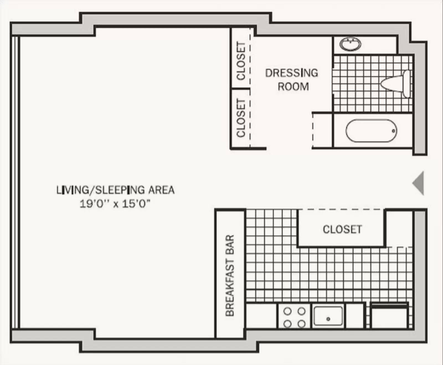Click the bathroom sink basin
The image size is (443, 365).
pos(350,44)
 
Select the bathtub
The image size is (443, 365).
pos(371,131)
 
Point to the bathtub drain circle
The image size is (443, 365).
pos(394,131)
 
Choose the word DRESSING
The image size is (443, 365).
pos(292,73)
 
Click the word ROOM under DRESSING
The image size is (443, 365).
pos(293,87)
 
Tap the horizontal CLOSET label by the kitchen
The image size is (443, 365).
pos(342,229)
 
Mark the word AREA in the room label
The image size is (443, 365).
pos(161,190)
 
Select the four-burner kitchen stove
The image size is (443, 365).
pos(294,317)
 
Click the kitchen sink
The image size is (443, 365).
pos(328,316)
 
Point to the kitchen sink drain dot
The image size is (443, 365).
pos(328,319)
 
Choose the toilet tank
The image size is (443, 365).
pos(407,84)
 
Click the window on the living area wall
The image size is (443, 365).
pos(16,182)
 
